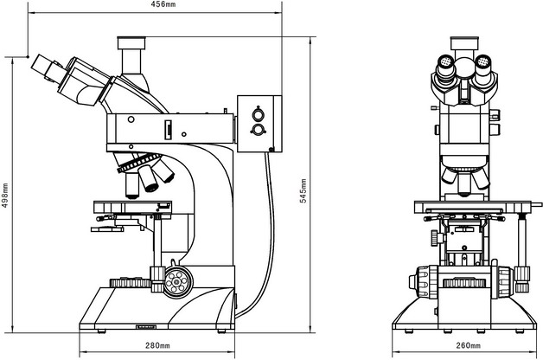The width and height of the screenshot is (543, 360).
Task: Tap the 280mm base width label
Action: tap(157, 346)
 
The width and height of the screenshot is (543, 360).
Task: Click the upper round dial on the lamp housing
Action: tap(257, 112)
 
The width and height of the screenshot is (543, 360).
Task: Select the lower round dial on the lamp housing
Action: tap(257, 130)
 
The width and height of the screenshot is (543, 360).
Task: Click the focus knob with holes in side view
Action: tap(178, 280)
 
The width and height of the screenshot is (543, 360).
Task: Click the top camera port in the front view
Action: tap(465, 42)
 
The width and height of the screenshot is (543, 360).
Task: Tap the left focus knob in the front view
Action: tap(423, 282)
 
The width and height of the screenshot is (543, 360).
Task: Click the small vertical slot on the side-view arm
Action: tap(169, 130)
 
